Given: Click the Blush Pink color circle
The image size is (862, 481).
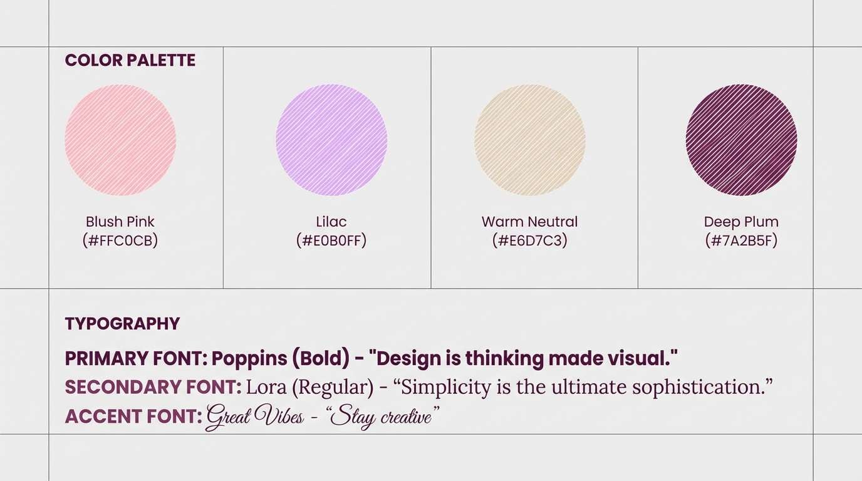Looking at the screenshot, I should click(120, 140).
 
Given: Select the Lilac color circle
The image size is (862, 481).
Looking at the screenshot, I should click(331, 140).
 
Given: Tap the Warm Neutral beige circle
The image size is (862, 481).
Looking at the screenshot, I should click(530, 140).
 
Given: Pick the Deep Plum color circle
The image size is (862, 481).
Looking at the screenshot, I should click(741, 140).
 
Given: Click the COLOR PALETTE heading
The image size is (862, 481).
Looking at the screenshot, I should click(130, 61).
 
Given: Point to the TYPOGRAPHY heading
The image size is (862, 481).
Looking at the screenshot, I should click(122, 324).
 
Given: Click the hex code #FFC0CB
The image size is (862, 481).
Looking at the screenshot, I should click(120, 240).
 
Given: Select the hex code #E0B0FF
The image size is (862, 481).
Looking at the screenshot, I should click(331, 240).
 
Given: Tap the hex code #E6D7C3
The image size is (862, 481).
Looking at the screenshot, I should click(530, 240).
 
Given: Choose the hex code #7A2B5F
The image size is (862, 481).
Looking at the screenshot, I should click(741, 240).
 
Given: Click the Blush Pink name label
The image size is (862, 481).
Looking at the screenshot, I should click(120, 222).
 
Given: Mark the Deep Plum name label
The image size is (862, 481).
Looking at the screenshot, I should click(741, 222).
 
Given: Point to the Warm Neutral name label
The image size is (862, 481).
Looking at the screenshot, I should click(530, 222).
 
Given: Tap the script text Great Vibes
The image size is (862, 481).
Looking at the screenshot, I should click(255, 416).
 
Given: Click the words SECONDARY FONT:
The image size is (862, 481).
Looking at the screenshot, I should click(153, 387).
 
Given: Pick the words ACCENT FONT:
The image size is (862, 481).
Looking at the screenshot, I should click(133, 416).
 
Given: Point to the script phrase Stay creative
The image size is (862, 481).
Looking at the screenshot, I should click(382, 416).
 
